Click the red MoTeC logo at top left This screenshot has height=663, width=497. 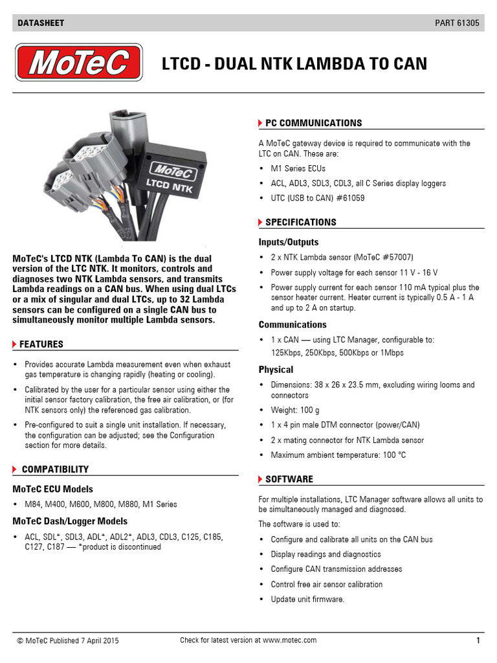pos(79,63)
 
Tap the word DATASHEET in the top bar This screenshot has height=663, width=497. pos(41,23)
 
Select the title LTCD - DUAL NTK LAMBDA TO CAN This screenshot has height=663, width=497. pos(294,63)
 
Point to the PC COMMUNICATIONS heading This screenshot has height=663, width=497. pos(313,123)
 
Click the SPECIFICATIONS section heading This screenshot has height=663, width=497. pos(301,222)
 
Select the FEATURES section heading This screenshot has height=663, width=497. pos(41,344)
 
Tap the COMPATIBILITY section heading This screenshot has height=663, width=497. pos(55,469)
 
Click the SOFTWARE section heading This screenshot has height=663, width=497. pos(289,479)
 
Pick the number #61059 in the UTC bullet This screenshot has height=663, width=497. pos(349,198)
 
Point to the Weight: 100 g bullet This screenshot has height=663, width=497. pos(295,410)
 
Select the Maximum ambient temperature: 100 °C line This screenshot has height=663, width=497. pos(338,455)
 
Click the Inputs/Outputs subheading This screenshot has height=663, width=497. pos(289,242)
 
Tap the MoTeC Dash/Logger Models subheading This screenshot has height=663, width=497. pos(70,521)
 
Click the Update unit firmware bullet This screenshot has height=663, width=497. pos(307,600)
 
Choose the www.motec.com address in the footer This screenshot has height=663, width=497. pos(290,640)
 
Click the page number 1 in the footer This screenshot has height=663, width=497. pos(478,641)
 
